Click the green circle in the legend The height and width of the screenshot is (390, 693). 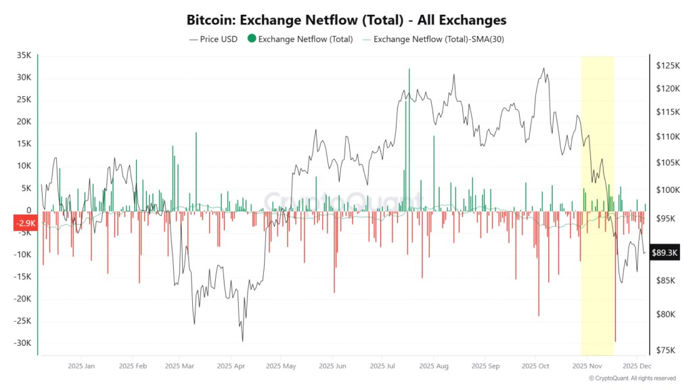(252, 39)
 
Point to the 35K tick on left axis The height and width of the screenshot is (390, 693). (24, 56)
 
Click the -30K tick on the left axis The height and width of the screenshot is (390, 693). (22, 343)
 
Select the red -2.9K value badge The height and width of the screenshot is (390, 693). (25, 223)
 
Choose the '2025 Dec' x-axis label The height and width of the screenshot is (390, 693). (637, 366)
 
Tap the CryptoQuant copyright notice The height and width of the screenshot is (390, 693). (631, 378)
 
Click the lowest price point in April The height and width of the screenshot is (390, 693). (242, 341)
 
